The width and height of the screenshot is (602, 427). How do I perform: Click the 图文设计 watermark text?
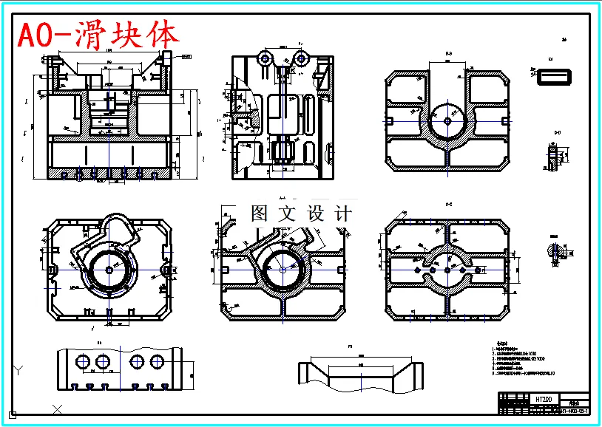pos(300,213)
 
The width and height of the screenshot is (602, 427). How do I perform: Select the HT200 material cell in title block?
pos(543,399)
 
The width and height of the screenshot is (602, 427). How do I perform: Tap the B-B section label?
pos(448,55)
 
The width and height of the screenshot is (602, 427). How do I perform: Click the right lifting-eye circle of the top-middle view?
pos(300,58)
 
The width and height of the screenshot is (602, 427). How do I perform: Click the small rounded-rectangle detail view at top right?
pos(551,75)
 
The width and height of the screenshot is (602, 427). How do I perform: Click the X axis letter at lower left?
pos(58,409)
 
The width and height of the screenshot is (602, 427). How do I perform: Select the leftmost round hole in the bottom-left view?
pos(82,362)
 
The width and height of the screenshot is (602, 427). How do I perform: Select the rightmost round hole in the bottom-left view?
pos(157,362)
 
